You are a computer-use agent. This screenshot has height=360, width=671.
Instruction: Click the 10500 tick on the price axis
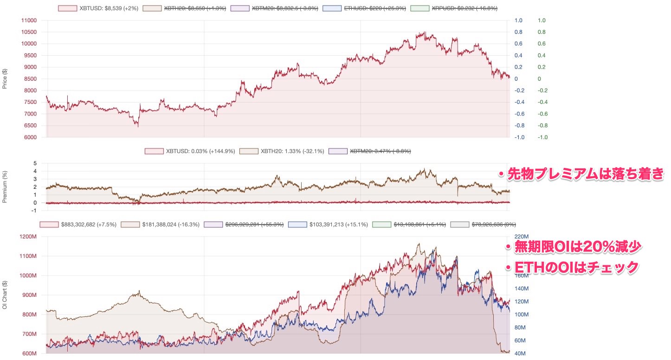pyautogui.click(x=29, y=32)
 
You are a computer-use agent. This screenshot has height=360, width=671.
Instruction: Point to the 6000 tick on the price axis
pyautogui.click(x=31, y=137)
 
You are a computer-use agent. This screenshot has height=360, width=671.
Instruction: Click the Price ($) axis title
pyautogui.click(x=5, y=79)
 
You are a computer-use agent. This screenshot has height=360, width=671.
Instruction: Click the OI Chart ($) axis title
pyautogui.click(x=5, y=294)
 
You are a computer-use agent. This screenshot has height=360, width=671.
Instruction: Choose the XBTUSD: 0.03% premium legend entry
pyautogui.click(x=190, y=151)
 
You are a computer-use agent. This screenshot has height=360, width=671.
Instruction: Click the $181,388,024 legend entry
pyautogui.click(x=160, y=225)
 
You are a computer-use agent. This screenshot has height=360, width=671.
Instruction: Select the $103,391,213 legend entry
pyautogui.click(x=328, y=225)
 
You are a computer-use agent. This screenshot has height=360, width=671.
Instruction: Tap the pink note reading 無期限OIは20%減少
pyautogui.click(x=573, y=247)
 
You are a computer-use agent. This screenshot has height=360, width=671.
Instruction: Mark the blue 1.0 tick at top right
pyautogui.click(x=518, y=20)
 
